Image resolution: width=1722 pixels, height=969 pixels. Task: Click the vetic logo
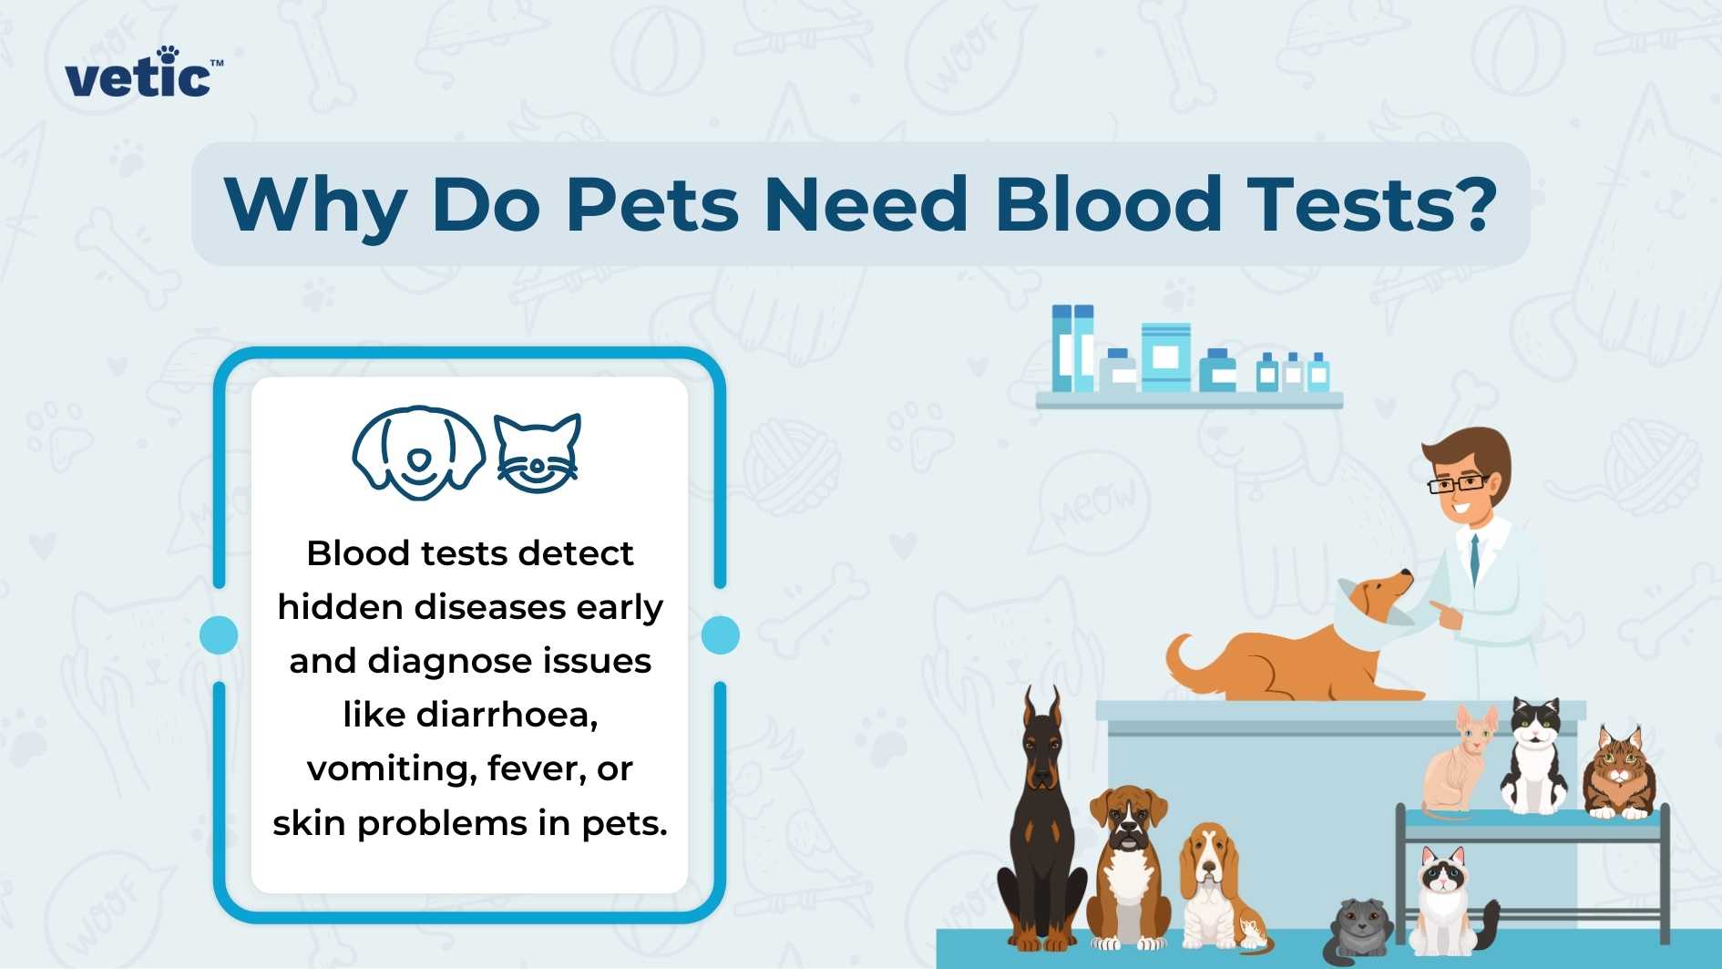coord(141,74)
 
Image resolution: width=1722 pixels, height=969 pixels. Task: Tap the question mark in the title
coord(1469,201)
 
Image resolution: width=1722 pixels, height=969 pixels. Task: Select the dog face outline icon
coord(419,452)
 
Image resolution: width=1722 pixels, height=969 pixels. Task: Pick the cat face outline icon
coord(538,453)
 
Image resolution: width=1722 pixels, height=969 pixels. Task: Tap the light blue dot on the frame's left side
coord(219,634)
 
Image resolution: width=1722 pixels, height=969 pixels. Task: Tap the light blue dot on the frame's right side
coord(720,634)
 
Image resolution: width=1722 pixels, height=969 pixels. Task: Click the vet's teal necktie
coord(1473,557)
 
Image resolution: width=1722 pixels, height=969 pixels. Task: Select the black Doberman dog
coord(1041,820)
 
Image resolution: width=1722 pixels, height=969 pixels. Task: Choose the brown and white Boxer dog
coord(1128,866)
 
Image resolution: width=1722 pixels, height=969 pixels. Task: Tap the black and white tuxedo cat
coord(1535,757)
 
